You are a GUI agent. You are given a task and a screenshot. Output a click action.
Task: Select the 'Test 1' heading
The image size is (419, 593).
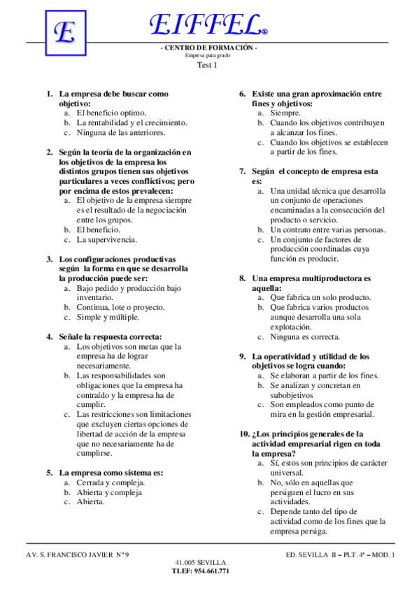point(207,65)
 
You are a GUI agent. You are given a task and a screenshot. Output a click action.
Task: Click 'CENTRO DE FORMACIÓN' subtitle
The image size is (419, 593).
point(209,48)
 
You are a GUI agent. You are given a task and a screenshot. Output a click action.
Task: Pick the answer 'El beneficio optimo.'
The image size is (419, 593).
point(111,113)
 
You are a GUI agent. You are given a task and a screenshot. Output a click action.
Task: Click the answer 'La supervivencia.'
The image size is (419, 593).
point(107,239)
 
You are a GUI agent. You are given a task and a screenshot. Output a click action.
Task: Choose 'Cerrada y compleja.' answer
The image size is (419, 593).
point(111,483)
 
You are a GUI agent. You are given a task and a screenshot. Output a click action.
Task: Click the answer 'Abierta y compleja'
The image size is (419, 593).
point(109,492)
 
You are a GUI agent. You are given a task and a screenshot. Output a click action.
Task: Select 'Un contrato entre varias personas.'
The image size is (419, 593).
point(328,229)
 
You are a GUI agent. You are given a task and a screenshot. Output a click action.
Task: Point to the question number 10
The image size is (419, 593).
point(245,434)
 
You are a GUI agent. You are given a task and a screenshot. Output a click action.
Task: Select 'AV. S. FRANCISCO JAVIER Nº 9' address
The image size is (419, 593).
point(77,555)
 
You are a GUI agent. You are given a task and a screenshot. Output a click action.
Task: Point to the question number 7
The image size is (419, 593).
point(242,171)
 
